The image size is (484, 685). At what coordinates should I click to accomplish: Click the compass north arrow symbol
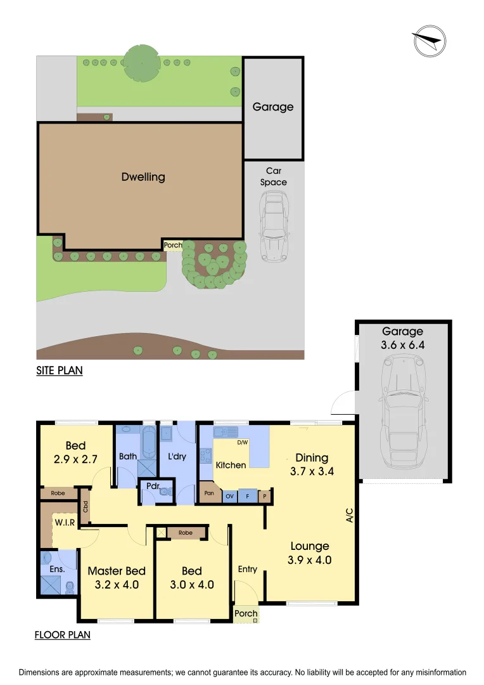(428, 42)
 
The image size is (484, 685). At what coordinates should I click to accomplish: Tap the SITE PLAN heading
(59, 370)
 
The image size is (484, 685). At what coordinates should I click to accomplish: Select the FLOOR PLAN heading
(62, 634)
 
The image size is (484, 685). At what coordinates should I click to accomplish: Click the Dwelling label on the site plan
(143, 177)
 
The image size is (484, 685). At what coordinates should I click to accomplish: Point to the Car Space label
(273, 176)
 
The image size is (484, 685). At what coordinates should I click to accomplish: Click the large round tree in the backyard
(142, 63)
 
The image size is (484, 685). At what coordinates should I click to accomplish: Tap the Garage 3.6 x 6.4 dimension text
(402, 345)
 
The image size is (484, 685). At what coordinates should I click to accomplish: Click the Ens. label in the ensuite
(58, 569)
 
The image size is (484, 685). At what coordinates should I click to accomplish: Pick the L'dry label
(177, 456)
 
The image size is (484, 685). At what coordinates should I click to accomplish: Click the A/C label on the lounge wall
(348, 517)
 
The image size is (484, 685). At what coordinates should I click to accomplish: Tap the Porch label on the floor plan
(246, 613)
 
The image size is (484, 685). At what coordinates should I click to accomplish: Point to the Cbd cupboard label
(85, 507)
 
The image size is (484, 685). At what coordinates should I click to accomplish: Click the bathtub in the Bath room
(148, 442)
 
